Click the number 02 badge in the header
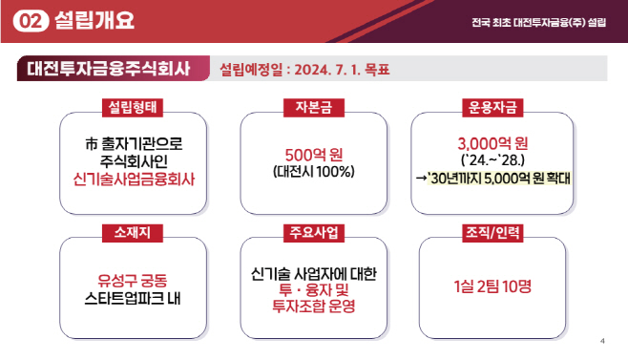click(33, 21)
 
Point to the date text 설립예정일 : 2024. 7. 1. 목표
click(304, 70)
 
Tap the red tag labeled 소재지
click(133, 232)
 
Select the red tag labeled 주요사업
click(313, 232)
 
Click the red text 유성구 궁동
click(133, 280)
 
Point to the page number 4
click(602, 341)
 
